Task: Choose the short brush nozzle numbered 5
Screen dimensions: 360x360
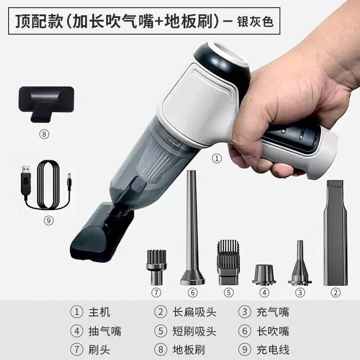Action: (x=229, y=261)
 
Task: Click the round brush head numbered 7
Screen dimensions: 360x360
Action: (x=156, y=266)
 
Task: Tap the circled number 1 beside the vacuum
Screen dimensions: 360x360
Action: (x=217, y=158)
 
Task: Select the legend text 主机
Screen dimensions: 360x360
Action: (x=100, y=312)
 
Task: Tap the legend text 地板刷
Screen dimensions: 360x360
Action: (x=188, y=349)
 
